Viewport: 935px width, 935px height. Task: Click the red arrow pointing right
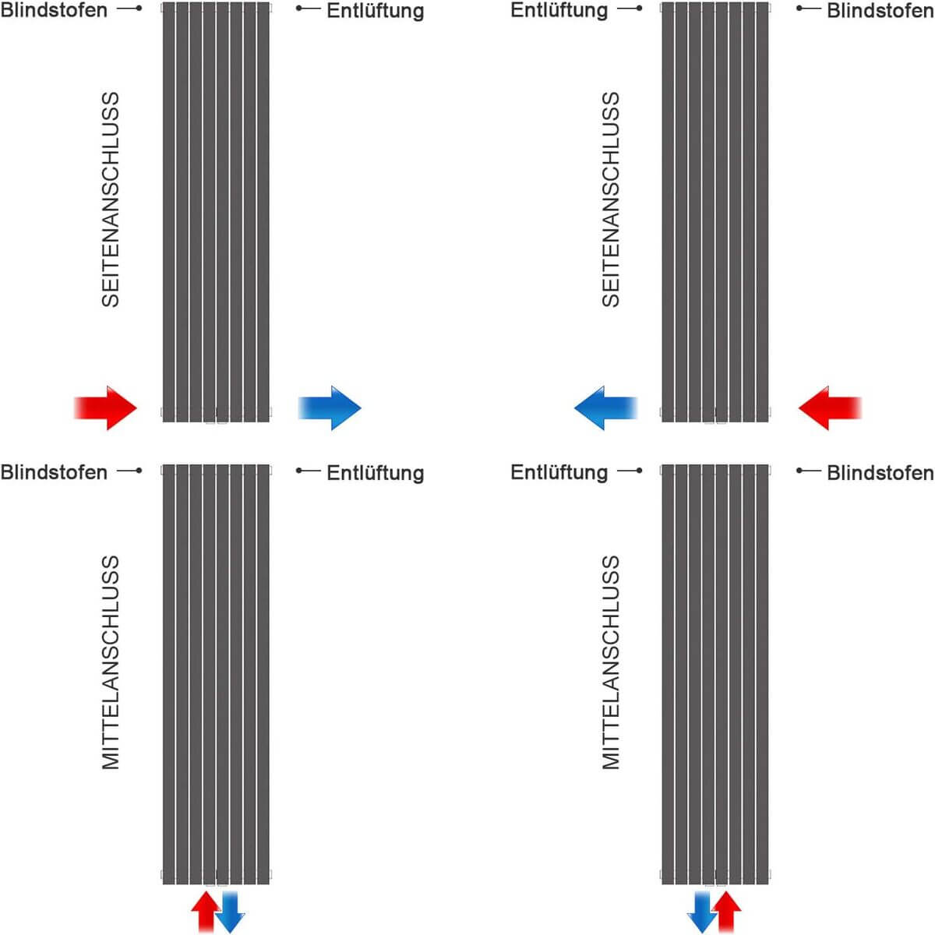[x=107, y=408]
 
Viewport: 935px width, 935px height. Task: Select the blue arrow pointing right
[x=330, y=408]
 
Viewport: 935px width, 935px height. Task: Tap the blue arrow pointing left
[x=605, y=408]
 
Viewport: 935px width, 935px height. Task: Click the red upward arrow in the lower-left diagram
[x=206, y=912]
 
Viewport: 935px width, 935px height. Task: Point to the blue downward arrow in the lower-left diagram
[x=230, y=912]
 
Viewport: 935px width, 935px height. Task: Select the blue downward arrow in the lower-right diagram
[x=702, y=912]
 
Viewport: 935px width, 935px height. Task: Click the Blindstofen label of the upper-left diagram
[x=54, y=10]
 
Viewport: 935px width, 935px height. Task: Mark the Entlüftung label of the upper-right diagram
[x=559, y=10]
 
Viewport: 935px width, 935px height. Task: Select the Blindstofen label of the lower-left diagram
[x=54, y=472]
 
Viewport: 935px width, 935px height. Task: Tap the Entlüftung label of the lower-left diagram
[x=375, y=473]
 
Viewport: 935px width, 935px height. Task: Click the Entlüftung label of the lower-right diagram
[x=559, y=472]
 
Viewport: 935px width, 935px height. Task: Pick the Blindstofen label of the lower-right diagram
[x=880, y=473]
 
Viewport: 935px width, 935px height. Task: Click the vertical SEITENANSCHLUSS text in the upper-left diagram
[x=111, y=199]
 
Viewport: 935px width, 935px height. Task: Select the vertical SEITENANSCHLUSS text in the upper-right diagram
[x=611, y=199]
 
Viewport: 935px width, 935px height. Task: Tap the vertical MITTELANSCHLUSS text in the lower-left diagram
[x=111, y=662]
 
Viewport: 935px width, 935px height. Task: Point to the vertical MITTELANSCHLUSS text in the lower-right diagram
[x=611, y=662]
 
